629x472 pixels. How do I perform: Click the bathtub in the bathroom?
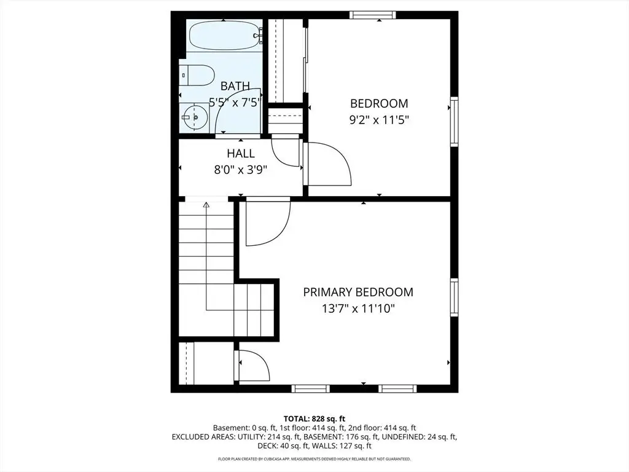225,35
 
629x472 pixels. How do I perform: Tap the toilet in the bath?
197,75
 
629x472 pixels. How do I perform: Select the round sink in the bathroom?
194,117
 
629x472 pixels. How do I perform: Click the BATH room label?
235,86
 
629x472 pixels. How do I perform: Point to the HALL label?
241,153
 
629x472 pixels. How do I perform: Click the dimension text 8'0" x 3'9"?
241,170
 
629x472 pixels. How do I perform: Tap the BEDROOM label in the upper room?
379,103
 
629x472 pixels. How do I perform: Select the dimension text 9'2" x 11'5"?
379,120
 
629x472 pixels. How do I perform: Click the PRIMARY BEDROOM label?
358,292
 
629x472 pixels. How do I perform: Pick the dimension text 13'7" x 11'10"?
358,309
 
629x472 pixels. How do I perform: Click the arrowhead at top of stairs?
206,205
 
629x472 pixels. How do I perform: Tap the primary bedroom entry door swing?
268,221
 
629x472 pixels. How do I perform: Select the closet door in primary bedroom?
254,365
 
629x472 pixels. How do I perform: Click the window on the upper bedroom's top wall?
373,15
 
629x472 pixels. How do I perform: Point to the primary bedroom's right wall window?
454,297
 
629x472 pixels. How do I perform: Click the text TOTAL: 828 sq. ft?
314,419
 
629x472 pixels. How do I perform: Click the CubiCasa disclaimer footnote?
314,458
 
